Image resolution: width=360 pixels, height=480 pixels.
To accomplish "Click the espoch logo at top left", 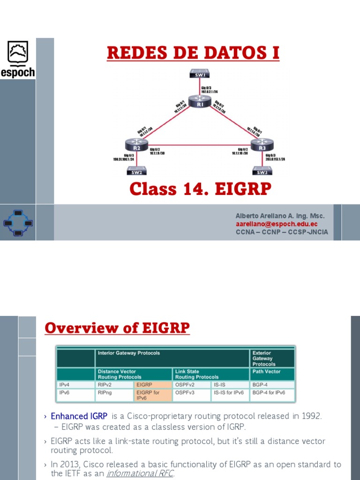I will pyautogui.click(x=17, y=59).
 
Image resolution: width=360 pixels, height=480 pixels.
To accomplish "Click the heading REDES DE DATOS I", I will pyautogui.click(x=193, y=53).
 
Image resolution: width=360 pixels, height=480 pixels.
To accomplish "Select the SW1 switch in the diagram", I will pyautogui.click(x=200, y=74).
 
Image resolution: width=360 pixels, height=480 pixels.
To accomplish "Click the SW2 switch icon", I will pyautogui.click(x=136, y=171).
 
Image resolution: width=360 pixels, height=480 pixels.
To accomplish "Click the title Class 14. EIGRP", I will pyautogui.click(x=201, y=189).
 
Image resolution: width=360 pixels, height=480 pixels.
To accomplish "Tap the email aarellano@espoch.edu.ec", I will pyautogui.click(x=276, y=224).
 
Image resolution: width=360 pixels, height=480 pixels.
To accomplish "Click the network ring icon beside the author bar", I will pyautogui.click(x=18, y=223).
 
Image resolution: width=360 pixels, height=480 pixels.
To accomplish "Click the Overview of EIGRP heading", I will pyautogui.click(x=117, y=328).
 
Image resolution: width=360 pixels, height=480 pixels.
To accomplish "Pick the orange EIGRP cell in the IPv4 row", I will pyautogui.click(x=152, y=385).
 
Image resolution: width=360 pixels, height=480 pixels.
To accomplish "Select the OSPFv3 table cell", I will pyautogui.click(x=193, y=393).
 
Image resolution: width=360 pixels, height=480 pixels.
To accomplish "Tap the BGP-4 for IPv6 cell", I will pyautogui.click(x=272, y=393).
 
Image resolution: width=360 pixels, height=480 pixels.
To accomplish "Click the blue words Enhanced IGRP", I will pyautogui.click(x=79, y=416).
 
